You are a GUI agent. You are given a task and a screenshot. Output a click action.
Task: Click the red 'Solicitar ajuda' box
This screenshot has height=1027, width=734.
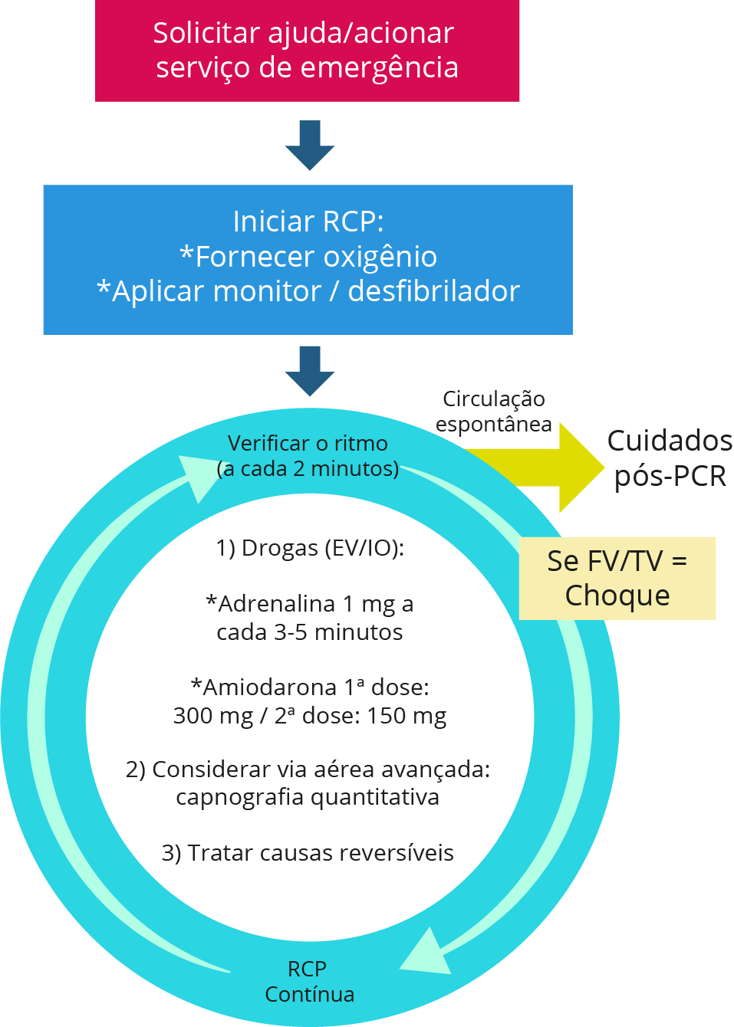[307, 51]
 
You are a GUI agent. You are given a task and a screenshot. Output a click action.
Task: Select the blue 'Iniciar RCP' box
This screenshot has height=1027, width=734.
[308, 259]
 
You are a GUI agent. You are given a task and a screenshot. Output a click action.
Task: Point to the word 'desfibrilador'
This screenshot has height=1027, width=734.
[433, 292]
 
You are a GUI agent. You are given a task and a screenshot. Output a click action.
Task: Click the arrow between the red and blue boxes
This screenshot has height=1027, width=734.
[310, 144]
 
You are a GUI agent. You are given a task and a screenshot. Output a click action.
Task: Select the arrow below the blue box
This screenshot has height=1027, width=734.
[310, 370]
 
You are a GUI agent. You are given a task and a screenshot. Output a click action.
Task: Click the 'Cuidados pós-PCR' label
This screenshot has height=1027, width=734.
[670, 458]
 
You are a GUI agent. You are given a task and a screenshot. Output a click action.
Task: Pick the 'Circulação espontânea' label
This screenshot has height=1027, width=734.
[493, 412]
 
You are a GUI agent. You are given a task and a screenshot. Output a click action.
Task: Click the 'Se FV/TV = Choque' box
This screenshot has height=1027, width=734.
[617, 578]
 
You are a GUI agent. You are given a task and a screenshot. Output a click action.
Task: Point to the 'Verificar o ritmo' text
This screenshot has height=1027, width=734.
[308, 444]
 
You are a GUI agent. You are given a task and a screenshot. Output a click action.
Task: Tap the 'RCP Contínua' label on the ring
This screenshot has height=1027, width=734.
[308, 982]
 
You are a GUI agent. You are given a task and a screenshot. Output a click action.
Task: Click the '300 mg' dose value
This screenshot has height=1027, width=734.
[212, 717]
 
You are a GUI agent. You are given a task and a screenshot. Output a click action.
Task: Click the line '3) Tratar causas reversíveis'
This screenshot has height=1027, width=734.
[308, 853]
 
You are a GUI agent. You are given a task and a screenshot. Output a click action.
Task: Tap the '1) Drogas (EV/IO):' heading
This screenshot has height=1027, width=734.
[310, 549]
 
